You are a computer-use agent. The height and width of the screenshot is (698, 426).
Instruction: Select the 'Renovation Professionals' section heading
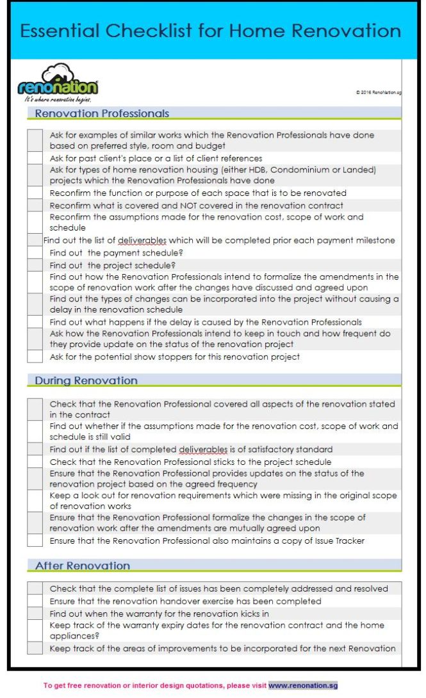pyautogui.click(x=102, y=113)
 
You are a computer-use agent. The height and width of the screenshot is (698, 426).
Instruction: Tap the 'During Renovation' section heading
pyautogui.click(x=86, y=380)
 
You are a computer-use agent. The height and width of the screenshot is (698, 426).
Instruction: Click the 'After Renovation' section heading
pyautogui.click(x=82, y=565)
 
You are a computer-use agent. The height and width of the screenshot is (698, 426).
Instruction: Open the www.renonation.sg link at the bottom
pyautogui.click(x=302, y=685)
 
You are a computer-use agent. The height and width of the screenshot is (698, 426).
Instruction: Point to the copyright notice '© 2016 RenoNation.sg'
pyautogui.click(x=379, y=92)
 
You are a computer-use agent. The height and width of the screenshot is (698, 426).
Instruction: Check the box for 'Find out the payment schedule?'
pyautogui.click(x=35, y=253)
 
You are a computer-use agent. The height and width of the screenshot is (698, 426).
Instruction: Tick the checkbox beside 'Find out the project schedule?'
pyautogui.click(x=35, y=265)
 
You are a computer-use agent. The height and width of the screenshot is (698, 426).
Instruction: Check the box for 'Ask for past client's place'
pyautogui.click(x=35, y=158)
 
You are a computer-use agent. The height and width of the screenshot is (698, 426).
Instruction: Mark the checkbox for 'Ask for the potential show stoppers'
pyautogui.click(x=35, y=357)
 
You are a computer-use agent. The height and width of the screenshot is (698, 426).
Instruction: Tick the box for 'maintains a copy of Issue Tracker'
pyautogui.click(x=35, y=540)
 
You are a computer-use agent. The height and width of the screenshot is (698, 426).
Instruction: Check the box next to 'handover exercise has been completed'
pyautogui.click(x=35, y=601)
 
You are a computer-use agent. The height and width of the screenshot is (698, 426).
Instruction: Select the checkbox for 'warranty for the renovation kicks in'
pyautogui.click(x=35, y=613)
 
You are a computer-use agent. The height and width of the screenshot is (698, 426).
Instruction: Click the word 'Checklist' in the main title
pyautogui.click(x=158, y=31)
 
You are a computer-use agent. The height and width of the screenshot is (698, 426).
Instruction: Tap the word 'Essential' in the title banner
pyautogui.click(x=60, y=31)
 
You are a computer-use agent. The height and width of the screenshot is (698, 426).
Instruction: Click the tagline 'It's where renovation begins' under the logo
pyautogui.click(x=58, y=99)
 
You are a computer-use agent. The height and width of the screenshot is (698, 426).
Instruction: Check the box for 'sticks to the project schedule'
pyautogui.click(x=35, y=462)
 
